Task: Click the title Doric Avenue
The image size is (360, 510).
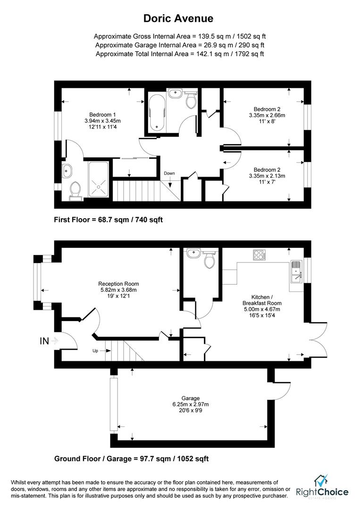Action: (x=179, y=18)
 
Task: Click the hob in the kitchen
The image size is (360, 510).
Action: (x=259, y=255)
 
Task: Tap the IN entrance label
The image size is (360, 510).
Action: (x=44, y=341)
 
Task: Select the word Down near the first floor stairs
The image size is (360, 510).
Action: (x=169, y=173)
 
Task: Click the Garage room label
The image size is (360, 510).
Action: (x=191, y=398)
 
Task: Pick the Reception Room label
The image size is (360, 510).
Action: (x=118, y=284)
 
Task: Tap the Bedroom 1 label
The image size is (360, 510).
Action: (x=102, y=114)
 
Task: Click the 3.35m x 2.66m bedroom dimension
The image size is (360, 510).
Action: (x=267, y=115)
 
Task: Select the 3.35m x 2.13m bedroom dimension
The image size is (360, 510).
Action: (x=267, y=176)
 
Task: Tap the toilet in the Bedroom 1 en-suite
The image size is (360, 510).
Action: (x=75, y=189)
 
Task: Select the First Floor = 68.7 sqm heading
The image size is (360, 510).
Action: (x=109, y=220)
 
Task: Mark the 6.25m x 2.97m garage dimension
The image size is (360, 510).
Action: (x=191, y=404)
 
